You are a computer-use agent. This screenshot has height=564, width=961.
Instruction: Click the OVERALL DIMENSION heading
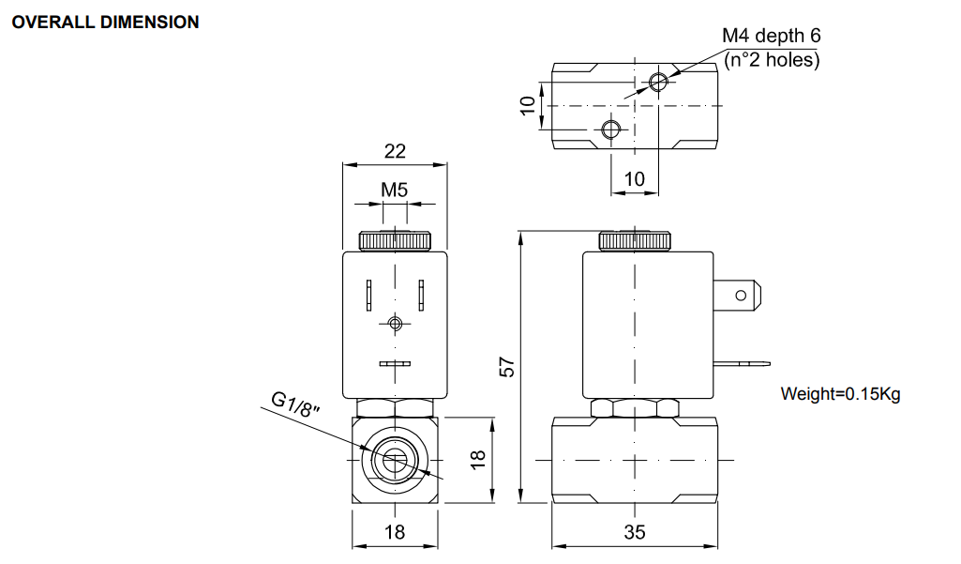(104, 22)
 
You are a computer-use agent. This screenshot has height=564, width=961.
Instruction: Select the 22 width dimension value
(395, 151)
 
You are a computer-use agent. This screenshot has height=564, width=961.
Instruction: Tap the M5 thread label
(395, 190)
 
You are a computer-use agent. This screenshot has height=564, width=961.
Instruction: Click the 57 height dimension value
(507, 367)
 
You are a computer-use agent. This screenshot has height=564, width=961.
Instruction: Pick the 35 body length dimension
(635, 532)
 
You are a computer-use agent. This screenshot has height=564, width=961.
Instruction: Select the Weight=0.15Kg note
(840, 393)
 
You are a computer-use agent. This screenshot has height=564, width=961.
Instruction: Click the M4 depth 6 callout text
(771, 36)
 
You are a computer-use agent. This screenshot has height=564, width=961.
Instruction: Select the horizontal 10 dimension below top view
(635, 178)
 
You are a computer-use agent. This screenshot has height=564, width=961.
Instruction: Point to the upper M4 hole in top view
(658, 83)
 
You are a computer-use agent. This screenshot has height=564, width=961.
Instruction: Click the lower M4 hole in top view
(611, 129)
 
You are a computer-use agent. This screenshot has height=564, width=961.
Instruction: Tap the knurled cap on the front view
(395, 240)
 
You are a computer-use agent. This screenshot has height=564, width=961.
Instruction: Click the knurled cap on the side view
(635, 240)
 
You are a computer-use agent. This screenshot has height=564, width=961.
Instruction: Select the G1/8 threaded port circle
(395, 460)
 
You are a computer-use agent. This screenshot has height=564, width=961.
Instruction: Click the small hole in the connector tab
(741, 297)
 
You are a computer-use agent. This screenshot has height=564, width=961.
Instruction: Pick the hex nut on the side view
(635, 408)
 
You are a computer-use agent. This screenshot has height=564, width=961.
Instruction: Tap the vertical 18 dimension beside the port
(478, 459)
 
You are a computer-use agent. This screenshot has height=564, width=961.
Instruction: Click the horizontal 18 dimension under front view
(395, 532)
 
